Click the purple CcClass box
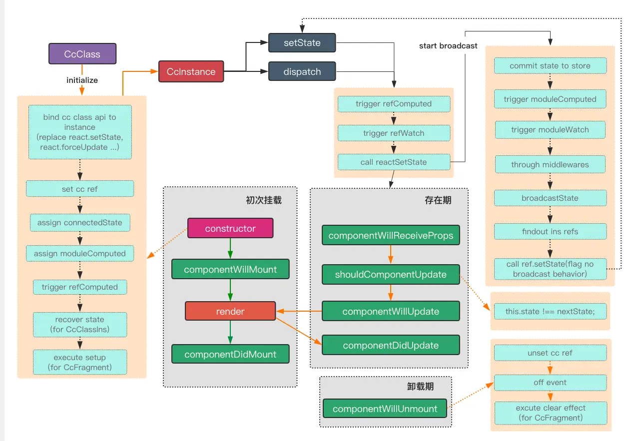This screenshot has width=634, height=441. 82,54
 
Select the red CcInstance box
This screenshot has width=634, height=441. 191,72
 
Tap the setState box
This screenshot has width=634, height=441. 302,43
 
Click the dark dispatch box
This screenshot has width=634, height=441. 302,71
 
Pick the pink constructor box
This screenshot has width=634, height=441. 230,228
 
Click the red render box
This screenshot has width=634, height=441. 230,311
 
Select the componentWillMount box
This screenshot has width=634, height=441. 230,269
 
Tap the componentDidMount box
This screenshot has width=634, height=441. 230,354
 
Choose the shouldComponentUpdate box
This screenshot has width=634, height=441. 390,274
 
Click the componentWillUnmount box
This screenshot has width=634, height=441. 385,409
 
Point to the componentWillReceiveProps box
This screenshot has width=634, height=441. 390,235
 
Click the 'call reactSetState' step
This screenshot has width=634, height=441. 394,162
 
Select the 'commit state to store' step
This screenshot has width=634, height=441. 550,66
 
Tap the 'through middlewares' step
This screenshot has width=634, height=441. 550,164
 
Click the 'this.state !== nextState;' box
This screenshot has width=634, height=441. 550,312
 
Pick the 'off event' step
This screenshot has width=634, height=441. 550,383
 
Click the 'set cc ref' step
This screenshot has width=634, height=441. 80,189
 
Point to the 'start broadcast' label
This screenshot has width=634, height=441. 448,46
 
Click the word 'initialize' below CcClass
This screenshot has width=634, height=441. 82,80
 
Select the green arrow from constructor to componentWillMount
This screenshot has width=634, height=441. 230,248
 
